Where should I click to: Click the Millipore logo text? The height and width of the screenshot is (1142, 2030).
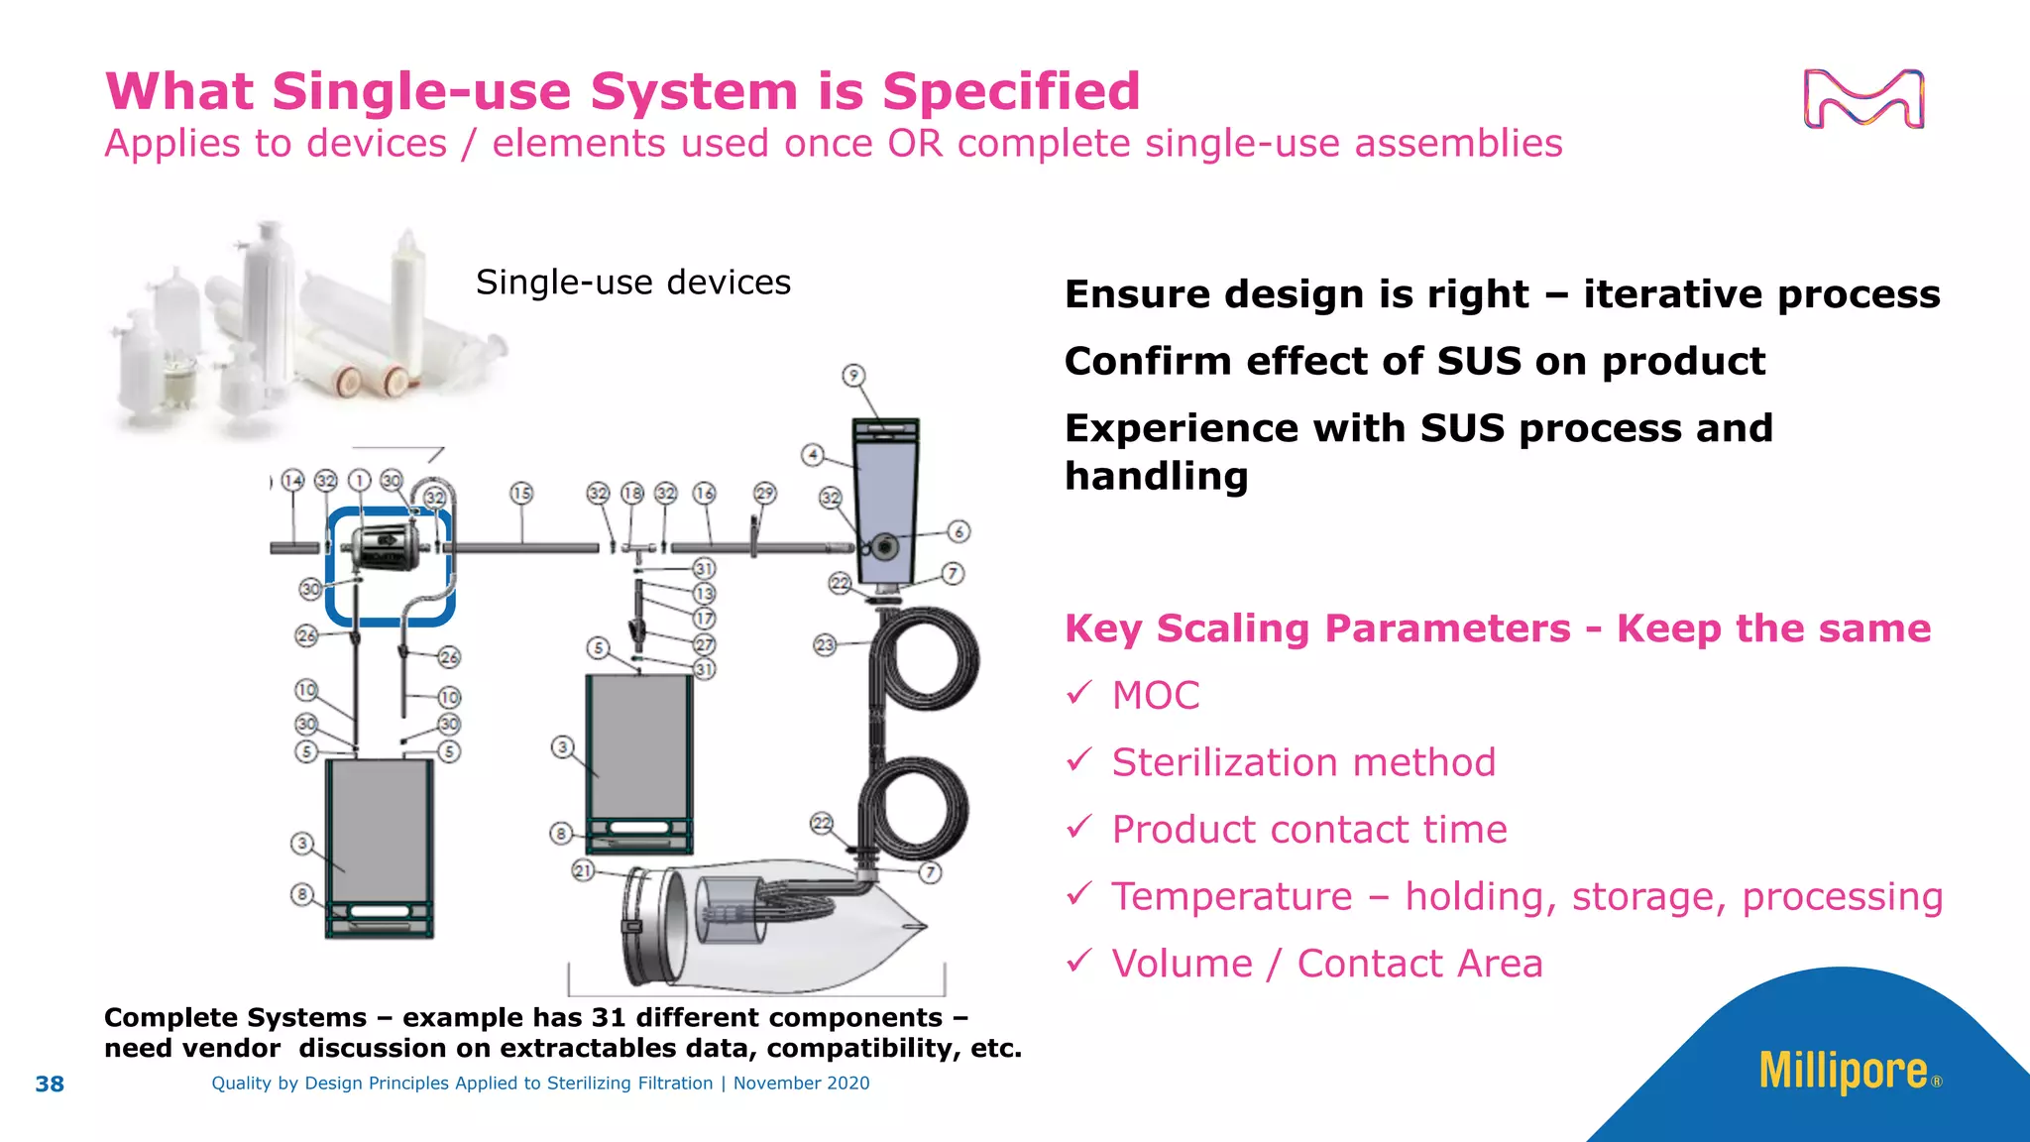click(x=1843, y=1071)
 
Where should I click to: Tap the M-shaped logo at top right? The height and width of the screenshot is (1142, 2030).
click(x=1863, y=99)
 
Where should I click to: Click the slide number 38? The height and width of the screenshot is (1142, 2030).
click(x=50, y=1084)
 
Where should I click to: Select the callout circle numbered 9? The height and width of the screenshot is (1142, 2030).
click(x=853, y=376)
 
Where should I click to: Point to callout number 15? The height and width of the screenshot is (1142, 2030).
click(x=521, y=493)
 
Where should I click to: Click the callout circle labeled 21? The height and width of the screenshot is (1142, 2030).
click(x=583, y=870)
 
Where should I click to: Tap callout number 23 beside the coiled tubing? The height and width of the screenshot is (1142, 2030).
click(x=825, y=645)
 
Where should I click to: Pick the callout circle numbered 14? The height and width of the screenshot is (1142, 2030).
click(x=292, y=481)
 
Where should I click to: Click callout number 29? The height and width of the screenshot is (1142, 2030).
click(x=764, y=493)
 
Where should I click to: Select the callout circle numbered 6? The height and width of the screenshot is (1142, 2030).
click(x=959, y=531)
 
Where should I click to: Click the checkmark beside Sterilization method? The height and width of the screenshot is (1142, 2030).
click(x=1079, y=760)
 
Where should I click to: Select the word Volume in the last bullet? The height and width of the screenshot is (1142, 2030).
click(x=1182, y=964)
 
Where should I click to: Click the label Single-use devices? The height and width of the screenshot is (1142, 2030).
click(x=633, y=283)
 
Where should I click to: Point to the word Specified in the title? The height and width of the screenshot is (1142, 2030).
click(x=1011, y=91)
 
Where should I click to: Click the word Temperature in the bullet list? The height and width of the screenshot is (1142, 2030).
click(x=1232, y=896)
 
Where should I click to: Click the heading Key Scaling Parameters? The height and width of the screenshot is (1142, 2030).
click(x=1317, y=628)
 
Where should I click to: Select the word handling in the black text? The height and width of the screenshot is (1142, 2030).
click(x=1156, y=477)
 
